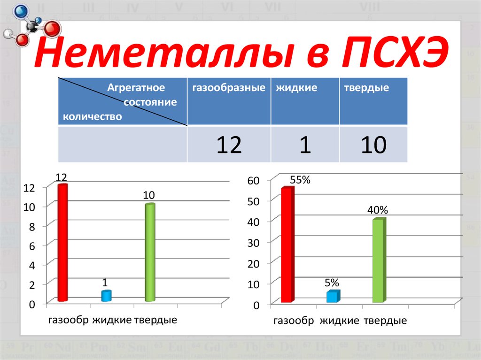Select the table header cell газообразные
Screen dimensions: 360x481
click(229, 88)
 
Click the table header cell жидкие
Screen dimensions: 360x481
click(296, 88)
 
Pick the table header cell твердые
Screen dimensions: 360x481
click(366, 88)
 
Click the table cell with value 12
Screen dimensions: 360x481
click(229, 145)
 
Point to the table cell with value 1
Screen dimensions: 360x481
click(305, 145)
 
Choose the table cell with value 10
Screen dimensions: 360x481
click(373, 145)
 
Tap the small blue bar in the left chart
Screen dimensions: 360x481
click(106, 296)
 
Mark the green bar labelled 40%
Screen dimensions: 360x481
click(379, 260)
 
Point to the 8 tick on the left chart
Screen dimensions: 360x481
click(32, 226)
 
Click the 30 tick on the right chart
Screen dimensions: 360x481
click(254, 243)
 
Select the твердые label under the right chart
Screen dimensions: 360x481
click(384, 322)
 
